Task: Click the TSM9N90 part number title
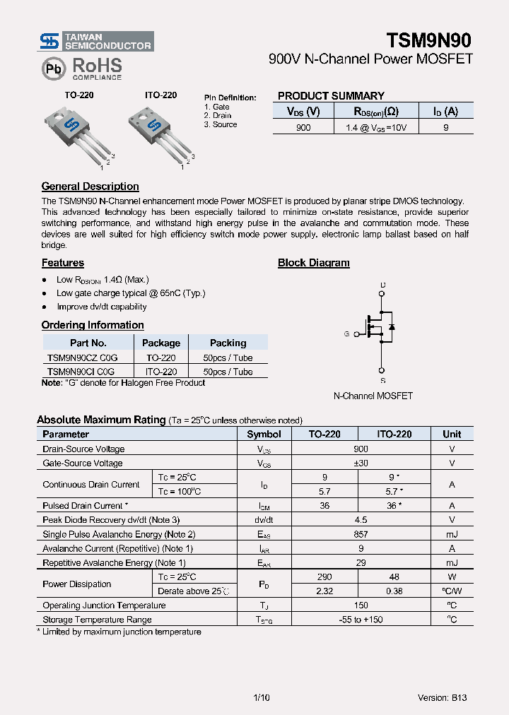click(x=428, y=40)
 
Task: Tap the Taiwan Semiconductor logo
click(x=95, y=41)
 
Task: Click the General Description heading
click(x=90, y=187)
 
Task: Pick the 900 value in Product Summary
click(x=303, y=127)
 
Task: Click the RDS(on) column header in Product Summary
click(x=366, y=111)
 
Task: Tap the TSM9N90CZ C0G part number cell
click(x=81, y=357)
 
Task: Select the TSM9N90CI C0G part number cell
click(x=81, y=372)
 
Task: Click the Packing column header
click(x=228, y=343)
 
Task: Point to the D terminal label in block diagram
click(x=382, y=285)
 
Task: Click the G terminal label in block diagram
click(x=346, y=333)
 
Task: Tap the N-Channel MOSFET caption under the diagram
click(x=373, y=396)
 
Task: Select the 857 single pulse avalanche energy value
click(x=361, y=534)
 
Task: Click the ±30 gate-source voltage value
click(x=361, y=463)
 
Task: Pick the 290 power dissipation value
click(x=324, y=577)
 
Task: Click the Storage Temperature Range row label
click(x=97, y=620)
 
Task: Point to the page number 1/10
click(x=261, y=697)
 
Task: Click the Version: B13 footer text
click(x=442, y=697)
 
